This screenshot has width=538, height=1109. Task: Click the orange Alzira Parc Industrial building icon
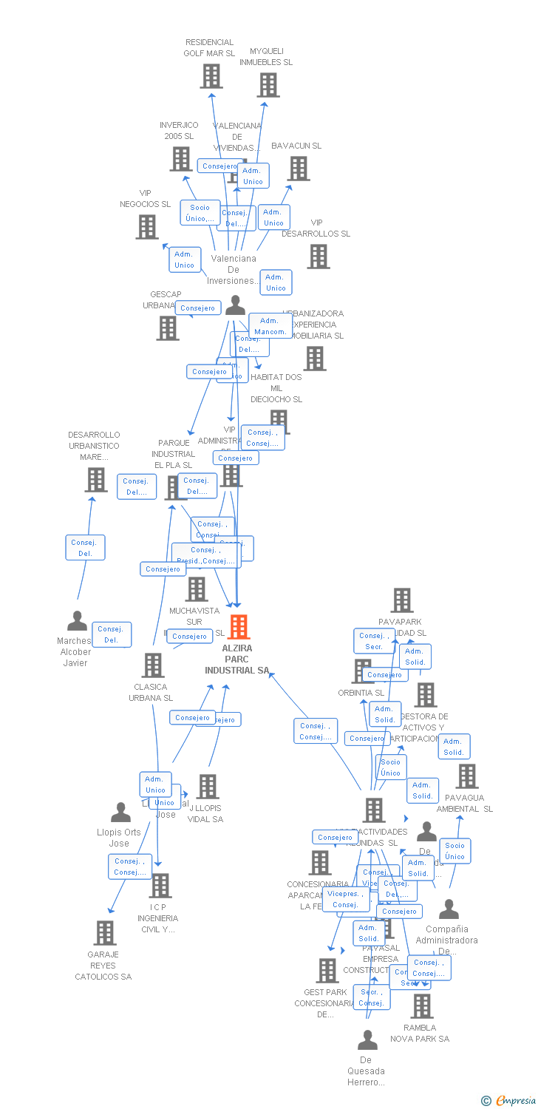[x=238, y=627]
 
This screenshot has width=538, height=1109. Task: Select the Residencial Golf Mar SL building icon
[x=211, y=76]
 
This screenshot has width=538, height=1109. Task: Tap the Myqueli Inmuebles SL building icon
[x=268, y=85]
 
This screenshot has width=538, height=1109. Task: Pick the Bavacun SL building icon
[x=299, y=169]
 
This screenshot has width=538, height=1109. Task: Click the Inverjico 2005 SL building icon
[x=181, y=159]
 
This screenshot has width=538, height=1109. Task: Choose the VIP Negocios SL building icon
[x=147, y=227]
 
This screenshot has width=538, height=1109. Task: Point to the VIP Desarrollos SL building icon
[x=319, y=257]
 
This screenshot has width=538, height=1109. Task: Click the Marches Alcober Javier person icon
[x=77, y=621]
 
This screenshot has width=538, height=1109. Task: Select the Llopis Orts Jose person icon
[x=120, y=813]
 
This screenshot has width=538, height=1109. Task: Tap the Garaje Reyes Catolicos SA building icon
[x=105, y=933]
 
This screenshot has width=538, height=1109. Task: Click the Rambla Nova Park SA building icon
[x=421, y=1006]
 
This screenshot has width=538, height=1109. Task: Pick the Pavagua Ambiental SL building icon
[x=466, y=776]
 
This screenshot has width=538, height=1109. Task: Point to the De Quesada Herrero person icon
[x=367, y=1041]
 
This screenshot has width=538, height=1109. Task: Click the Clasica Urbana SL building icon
[x=153, y=665]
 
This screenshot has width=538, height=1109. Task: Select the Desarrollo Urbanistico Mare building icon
[x=95, y=480]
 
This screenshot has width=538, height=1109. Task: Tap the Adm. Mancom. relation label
[x=270, y=326]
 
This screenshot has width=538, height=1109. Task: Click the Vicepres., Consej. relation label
[x=345, y=899]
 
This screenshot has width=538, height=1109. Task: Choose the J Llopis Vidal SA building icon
[x=208, y=787]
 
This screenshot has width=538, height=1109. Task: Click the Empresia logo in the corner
[x=509, y=1101]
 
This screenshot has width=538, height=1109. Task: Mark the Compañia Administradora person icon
[x=449, y=909]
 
